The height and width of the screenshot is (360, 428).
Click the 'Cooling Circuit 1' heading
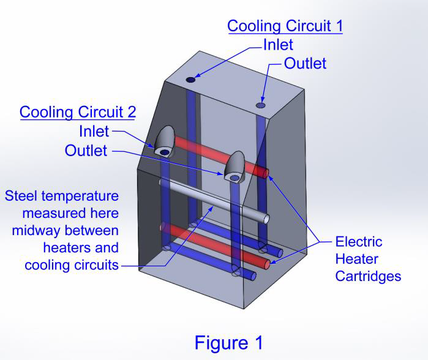click(285, 26)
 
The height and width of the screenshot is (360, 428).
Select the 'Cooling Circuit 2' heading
click(78, 112)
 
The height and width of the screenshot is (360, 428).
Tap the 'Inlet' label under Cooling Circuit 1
click(278, 45)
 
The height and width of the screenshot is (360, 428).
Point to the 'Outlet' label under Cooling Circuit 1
click(304, 63)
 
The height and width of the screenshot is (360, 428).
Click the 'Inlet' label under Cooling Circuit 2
click(94, 131)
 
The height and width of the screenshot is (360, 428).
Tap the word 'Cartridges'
click(367, 276)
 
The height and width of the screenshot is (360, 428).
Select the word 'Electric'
click(358, 242)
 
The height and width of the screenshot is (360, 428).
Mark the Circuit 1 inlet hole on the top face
click(190, 80)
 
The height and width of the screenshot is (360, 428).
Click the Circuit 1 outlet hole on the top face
click(261, 105)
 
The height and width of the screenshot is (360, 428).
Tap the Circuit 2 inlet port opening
click(165, 151)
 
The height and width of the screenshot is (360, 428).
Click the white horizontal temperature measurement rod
click(214, 200)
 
